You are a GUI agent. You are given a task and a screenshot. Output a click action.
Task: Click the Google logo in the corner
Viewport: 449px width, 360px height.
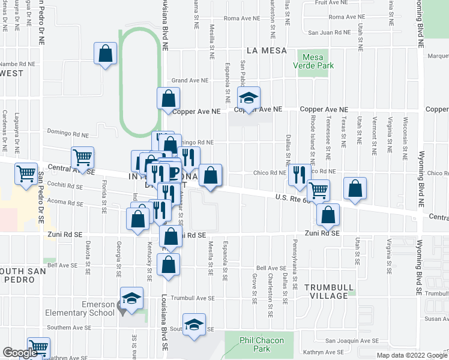tap(20, 353)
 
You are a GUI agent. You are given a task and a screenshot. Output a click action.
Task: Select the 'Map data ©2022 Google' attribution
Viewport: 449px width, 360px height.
tap(411, 355)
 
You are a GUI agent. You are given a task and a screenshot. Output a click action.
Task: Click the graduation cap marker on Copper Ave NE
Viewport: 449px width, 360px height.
tap(248, 97)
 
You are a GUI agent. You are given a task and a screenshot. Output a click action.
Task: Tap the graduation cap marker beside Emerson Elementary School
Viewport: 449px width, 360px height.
tap(132, 298)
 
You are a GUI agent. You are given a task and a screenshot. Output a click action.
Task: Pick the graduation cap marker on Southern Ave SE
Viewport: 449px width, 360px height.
tap(194, 324)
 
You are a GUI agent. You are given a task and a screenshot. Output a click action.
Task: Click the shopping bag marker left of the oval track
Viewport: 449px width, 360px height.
tap(106, 53)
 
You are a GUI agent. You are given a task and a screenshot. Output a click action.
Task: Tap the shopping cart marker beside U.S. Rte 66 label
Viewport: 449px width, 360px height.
tap(319, 190)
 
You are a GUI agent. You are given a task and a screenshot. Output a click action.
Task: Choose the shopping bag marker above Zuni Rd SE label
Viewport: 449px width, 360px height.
tap(329, 214)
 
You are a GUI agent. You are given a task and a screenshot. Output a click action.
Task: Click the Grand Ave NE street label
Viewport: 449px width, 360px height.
tap(190, 80)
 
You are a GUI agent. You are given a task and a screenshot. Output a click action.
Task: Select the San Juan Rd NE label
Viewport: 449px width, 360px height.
tap(329, 32)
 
